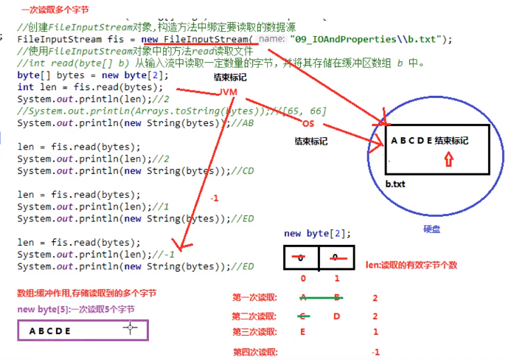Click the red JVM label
coord(228,91)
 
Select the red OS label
coord(308,123)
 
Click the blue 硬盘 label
coord(432,229)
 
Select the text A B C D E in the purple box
coord(50,331)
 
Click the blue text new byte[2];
coord(317,233)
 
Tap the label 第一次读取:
coord(255,297)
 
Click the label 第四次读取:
coord(255,352)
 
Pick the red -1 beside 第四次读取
coord(376,352)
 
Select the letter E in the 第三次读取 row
coord(302,333)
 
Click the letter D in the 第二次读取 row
coord(336,316)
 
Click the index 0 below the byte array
coord(302,279)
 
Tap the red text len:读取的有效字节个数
coord(411,264)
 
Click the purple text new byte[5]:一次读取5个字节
coord(75,309)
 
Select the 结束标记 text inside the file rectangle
coord(451,141)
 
